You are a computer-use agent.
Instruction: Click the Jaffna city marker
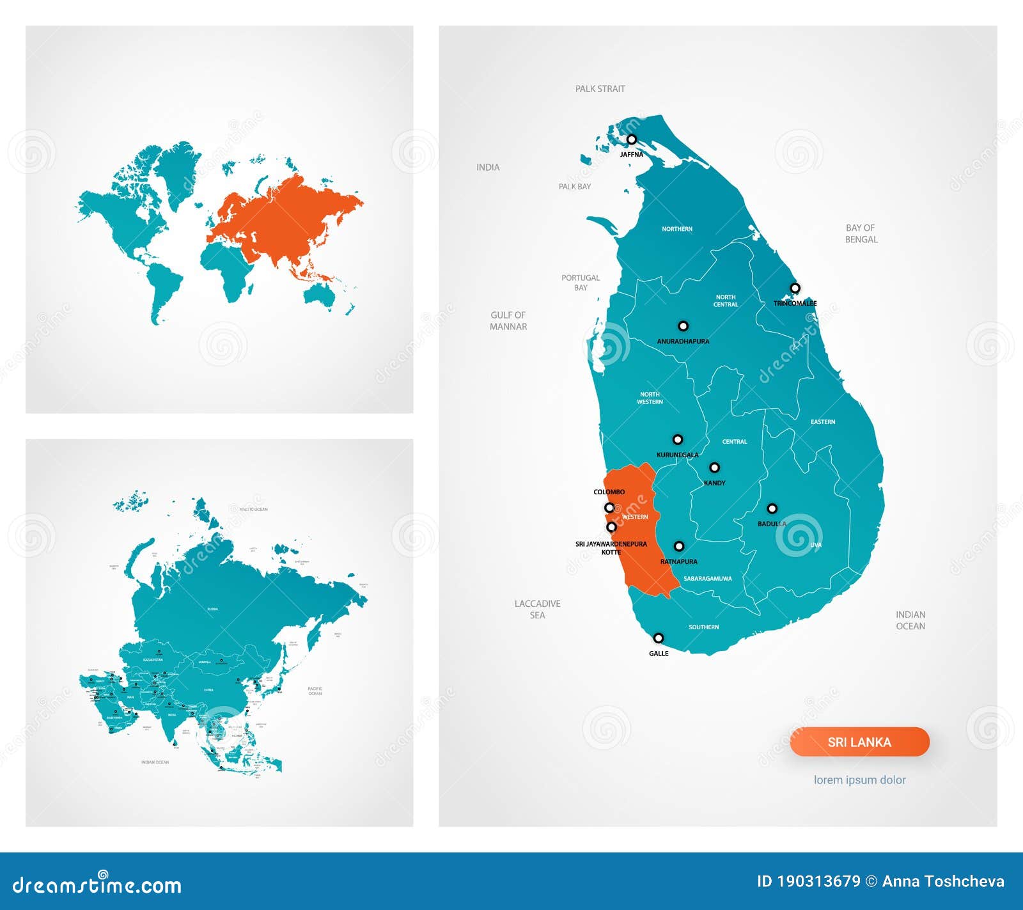[632, 139]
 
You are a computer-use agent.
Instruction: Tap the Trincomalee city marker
[795, 288]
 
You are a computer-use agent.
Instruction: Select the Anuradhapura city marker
[683, 326]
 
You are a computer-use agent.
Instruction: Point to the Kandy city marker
[714, 467]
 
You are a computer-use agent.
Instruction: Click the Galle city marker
[658, 638]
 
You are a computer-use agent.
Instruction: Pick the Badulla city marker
[772, 508]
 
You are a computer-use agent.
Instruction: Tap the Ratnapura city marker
[679, 546]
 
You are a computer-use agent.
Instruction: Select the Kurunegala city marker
[677, 439]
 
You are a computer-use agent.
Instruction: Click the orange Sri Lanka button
[859, 742]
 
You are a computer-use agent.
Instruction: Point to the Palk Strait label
[600, 89]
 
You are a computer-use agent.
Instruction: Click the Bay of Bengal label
[861, 233]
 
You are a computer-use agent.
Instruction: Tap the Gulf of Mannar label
[508, 320]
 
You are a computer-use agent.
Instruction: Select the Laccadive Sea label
[537, 609]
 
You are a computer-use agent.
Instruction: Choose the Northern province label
[677, 229]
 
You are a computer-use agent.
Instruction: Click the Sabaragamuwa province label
[707, 579]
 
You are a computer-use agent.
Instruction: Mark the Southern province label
[703, 627]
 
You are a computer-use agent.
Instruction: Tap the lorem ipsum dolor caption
[859, 780]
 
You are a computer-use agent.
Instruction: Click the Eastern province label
[822, 422]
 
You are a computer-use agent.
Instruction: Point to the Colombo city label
[609, 492]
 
